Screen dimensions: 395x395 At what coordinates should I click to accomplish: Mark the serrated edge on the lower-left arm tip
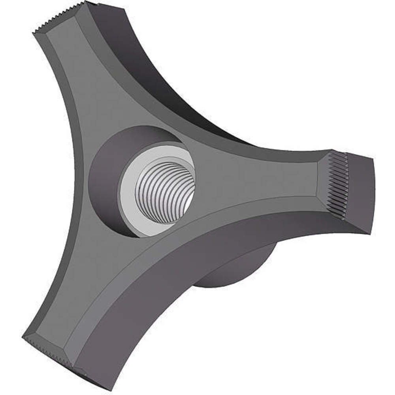(47, 352)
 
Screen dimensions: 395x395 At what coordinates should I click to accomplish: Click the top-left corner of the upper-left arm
(33, 32)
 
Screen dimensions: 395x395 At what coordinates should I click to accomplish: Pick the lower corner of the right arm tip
(369, 233)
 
